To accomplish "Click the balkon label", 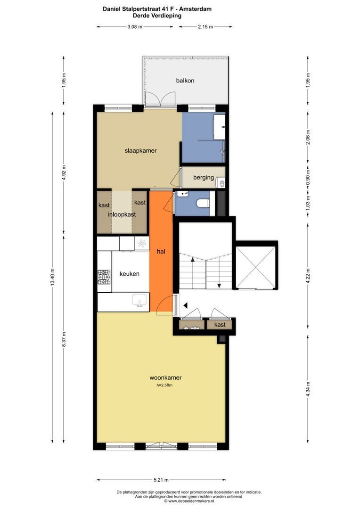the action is [x=185, y=81].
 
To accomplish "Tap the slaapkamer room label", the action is [x=140, y=151].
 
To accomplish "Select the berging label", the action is [x=204, y=178].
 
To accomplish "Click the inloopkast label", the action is [x=122, y=214].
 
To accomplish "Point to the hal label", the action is [x=161, y=251].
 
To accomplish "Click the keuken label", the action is [x=129, y=274].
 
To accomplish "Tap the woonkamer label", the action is [x=165, y=378].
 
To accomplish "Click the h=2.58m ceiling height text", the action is [x=164, y=386].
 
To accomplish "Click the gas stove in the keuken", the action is [x=104, y=278].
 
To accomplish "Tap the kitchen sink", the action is [x=140, y=301].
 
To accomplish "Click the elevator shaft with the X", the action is [x=256, y=268].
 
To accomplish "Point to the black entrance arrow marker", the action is [x=186, y=306].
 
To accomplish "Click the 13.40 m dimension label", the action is [x=52, y=277].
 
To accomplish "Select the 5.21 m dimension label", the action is [x=161, y=480].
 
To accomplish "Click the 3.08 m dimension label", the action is [x=135, y=27].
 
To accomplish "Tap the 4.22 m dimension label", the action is [x=308, y=275].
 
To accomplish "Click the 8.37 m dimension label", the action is [x=64, y=339].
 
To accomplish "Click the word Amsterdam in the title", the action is [x=197, y=9].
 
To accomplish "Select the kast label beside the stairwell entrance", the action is [x=220, y=325].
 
